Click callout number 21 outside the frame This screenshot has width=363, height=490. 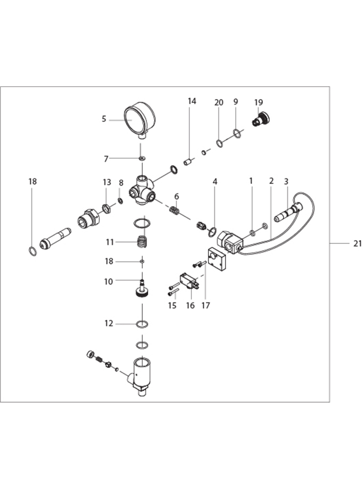(x=357, y=243)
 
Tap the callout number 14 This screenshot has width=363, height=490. (x=192, y=101)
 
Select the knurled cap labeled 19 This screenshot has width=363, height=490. (x=261, y=119)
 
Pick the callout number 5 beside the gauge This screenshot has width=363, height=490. (x=104, y=119)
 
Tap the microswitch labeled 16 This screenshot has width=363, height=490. (x=189, y=282)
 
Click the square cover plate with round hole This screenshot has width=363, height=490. (x=217, y=258)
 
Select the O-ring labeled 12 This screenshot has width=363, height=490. (x=142, y=324)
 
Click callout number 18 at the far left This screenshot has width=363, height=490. (x=33, y=181)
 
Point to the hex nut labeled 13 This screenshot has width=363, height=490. (x=107, y=208)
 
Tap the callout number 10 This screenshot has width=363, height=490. (x=109, y=282)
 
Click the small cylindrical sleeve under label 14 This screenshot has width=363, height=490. (x=188, y=162)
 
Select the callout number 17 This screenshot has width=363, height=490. (x=206, y=305)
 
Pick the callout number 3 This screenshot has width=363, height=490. (x=286, y=181)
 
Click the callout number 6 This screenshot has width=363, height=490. (x=176, y=197)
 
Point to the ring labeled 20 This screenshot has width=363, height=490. (x=220, y=143)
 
